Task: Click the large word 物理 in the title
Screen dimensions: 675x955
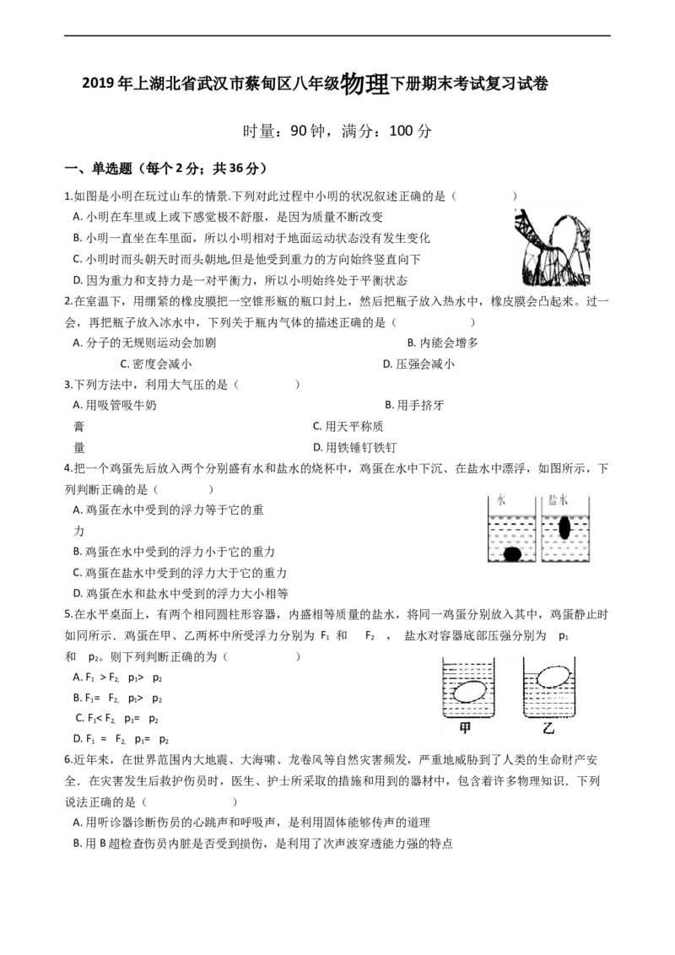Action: pyautogui.click(x=364, y=84)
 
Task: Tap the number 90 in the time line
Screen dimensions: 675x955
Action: pyautogui.click(x=299, y=130)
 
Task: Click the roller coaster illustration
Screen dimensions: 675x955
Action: pyautogui.click(x=552, y=247)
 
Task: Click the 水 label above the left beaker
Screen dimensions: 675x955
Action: pyautogui.click(x=501, y=500)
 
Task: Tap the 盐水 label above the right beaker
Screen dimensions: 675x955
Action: pyautogui.click(x=558, y=500)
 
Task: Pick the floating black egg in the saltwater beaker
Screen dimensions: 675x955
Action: pyautogui.click(x=564, y=527)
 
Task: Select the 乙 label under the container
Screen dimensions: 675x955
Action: pyautogui.click(x=548, y=727)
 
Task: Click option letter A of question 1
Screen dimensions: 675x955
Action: pyautogui.click(x=77, y=217)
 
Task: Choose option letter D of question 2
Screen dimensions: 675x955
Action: pyautogui.click(x=387, y=364)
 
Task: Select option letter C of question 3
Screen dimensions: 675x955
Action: pyautogui.click(x=316, y=426)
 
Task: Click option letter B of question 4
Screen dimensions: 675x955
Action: pyautogui.click(x=77, y=552)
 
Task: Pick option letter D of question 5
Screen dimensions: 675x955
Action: pyautogui.click(x=78, y=739)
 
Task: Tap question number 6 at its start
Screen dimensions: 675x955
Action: pyautogui.click(x=68, y=760)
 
